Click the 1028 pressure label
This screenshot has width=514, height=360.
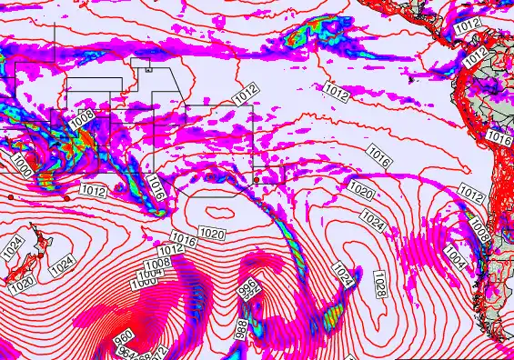379,286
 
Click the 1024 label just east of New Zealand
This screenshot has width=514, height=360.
62,265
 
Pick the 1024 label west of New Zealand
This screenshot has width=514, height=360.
13,246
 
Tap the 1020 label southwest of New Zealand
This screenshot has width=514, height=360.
22,285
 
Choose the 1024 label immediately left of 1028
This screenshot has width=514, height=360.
341,273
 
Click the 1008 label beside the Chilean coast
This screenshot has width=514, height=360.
481,235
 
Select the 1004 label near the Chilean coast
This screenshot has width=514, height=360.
458,261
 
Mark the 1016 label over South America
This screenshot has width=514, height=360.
499,138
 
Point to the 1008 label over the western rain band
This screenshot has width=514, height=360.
81,118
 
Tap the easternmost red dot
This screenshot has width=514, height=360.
257,180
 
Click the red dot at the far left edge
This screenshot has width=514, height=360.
10,196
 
